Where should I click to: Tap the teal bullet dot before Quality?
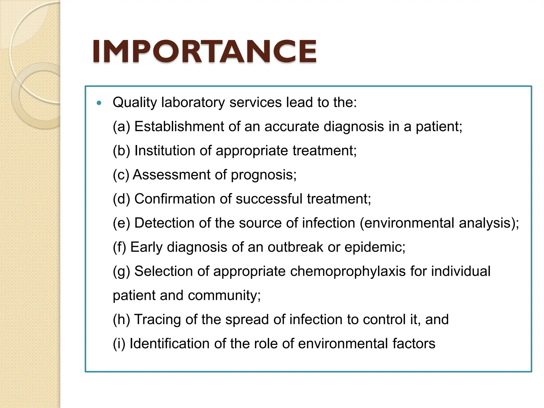click(x=99, y=103)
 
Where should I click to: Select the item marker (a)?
click(x=121, y=126)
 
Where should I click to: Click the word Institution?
click(x=165, y=151)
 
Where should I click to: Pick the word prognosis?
click(x=263, y=175)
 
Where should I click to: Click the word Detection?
click(x=164, y=223)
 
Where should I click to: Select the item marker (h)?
click(x=121, y=319)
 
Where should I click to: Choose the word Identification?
click(x=169, y=343)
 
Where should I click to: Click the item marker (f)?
click(x=119, y=247)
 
